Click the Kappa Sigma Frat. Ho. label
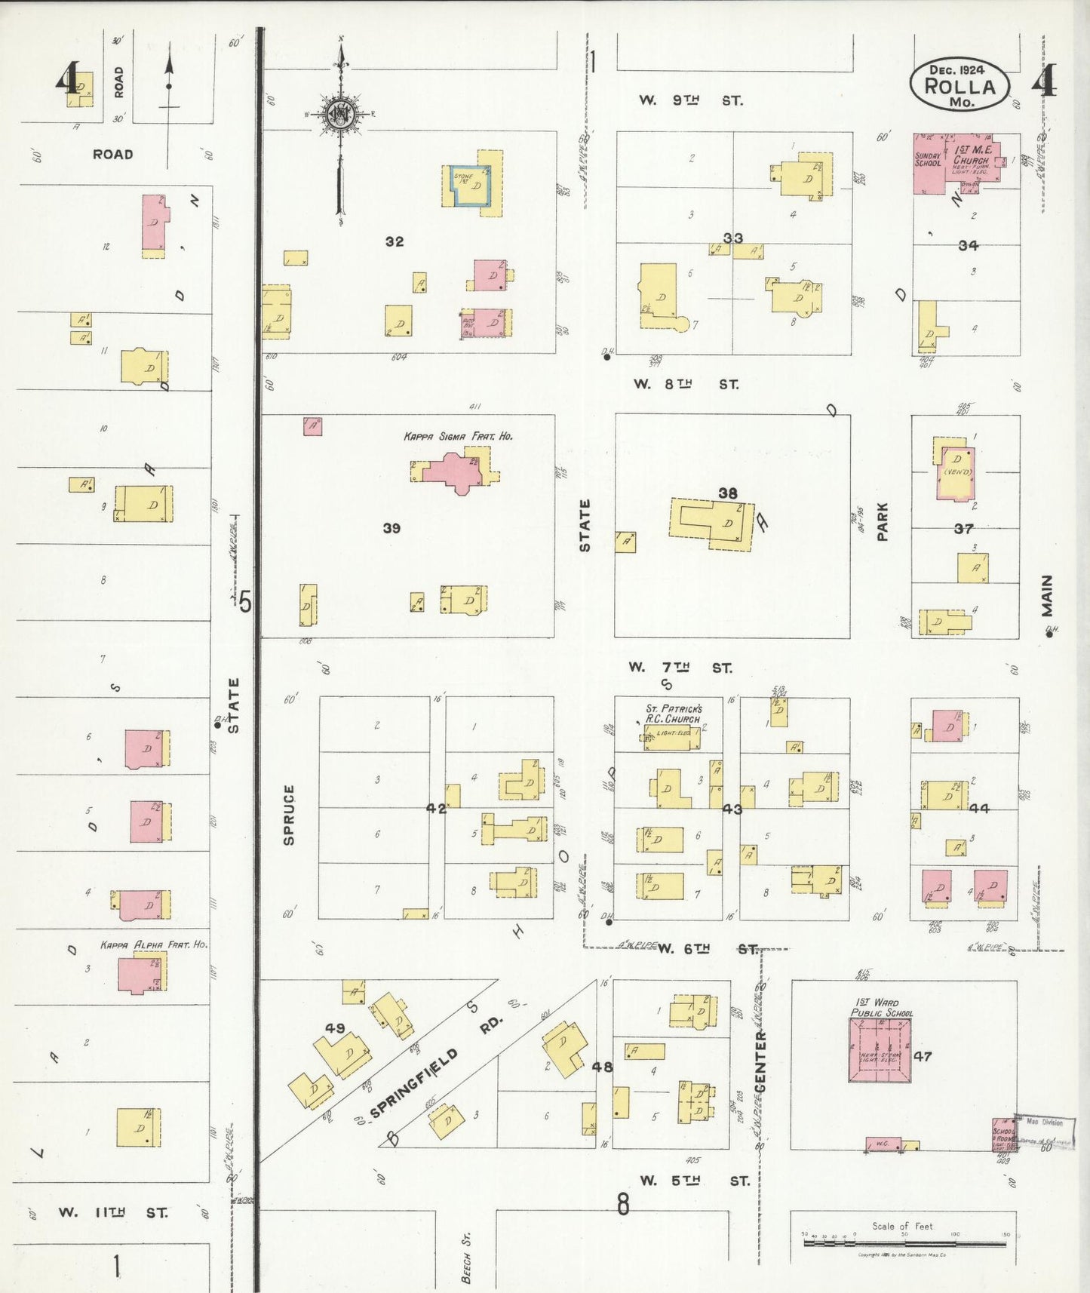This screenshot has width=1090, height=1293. pyautogui.click(x=458, y=436)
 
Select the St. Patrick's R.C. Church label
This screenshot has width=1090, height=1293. pyautogui.click(x=674, y=714)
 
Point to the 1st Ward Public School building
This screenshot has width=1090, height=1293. pyautogui.click(x=881, y=1049)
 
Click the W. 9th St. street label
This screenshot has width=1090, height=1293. pyautogui.click(x=690, y=100)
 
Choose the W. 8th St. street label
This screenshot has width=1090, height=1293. pyautogui.click(x=686, y=384)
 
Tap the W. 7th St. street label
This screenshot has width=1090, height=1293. pyautogui.click(x=680, y=668)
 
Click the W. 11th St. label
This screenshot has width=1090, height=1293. pyautogui.click(x=113, y=1213)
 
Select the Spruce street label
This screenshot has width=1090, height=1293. pyautogui.click(x=289, y=815)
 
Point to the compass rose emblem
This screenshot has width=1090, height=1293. pyautogui.click(x=340, y=114)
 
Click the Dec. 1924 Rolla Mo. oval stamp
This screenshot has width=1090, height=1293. pyautogui.click(x=960, y=84)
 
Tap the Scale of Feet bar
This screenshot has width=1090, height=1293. pyautogui.click(x=904, y=1241)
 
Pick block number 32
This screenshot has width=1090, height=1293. pyautogui.click(x=395, y=241)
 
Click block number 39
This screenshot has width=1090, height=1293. pyautogui.click(x=391, y=528)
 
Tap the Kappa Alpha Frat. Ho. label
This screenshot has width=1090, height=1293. pyautogui.click(x=153, y=944)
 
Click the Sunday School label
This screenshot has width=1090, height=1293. pyautogui.click(x=928, y=158)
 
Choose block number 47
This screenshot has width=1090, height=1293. pyautogui.click(x=923, y=1056)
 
